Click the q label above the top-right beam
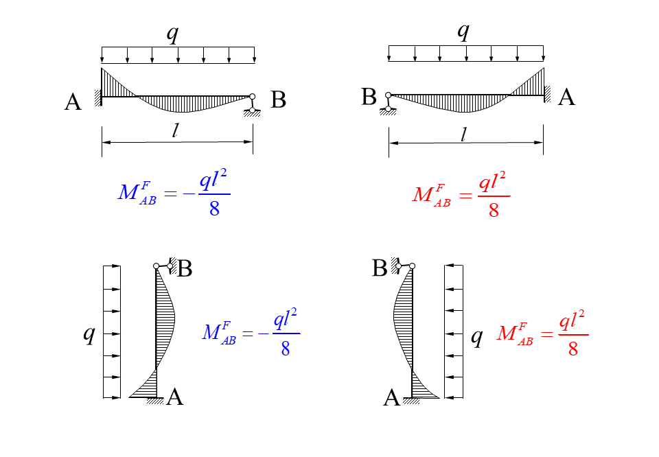pos(464,32)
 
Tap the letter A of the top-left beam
pos(73,103)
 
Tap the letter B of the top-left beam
pos(278,100)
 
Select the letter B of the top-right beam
pos(369,97)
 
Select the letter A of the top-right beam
pos(566,97)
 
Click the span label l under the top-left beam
pos(176,132)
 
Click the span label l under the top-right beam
pos(464,134)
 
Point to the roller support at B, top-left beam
pos(253,105)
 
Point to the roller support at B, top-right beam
pos(388,103)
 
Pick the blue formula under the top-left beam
pos(174,194)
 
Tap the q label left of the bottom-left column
pos(89,334)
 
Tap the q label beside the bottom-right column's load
pos(476,337)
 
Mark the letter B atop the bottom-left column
pos(185,268)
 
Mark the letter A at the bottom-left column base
pos(175,397)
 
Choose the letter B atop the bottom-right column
pos(380,268)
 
